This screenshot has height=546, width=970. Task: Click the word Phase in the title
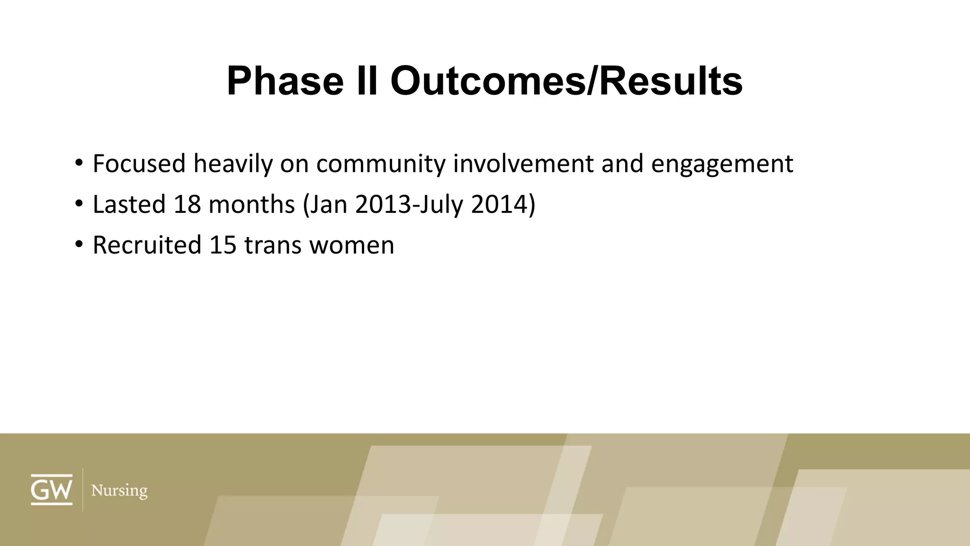click(285, 81)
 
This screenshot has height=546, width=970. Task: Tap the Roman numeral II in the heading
click(366, 81)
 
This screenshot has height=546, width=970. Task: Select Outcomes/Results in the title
click(566, 81)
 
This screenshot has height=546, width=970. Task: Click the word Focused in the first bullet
click(139, 164)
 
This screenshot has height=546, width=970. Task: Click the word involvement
click(523, 164)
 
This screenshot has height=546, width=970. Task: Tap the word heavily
click(233, 164)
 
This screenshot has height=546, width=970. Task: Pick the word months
click(251, 204)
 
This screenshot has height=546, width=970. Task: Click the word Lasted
click(129, 204)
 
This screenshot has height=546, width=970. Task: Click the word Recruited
click(147, 245)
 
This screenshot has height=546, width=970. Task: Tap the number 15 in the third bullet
click(223, 245)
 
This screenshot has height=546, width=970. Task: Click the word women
click(351, 245)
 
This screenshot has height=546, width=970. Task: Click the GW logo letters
click(52, 490)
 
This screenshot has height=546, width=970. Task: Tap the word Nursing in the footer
click(119, 491)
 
